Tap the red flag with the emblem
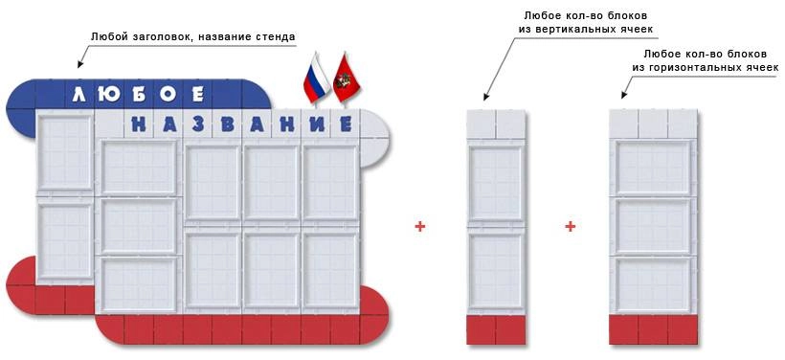343,80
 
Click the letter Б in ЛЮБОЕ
136,94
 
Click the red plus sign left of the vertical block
419,227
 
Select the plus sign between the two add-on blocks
570,227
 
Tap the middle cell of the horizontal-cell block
654,226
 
